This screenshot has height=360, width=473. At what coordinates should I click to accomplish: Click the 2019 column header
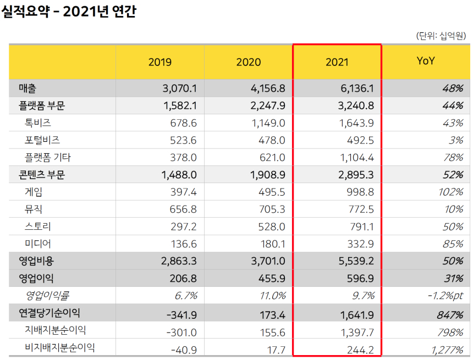(x=159, y=62)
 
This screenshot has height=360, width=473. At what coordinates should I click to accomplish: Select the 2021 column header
(x=337, y=62)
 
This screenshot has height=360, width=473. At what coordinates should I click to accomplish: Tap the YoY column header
(x=426, y=61)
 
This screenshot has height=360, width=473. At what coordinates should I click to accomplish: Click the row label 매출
(x=27, y=88)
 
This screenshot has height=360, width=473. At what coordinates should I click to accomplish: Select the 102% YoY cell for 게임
(x=450, y=192)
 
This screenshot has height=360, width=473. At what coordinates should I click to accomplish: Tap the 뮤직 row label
(x=34, y=209)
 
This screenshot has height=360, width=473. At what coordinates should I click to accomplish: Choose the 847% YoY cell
(x=450, y=314)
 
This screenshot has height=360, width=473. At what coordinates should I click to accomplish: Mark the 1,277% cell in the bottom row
(x=447, y=348)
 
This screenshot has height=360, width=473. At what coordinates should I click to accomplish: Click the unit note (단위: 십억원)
(x=441, y=36)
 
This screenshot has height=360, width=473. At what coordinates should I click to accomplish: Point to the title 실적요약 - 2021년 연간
(x=69, y=12)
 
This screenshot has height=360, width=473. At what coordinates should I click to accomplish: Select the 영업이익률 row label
(x=47, y=296)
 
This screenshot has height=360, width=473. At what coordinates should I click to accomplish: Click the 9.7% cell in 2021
(x=364, y=296)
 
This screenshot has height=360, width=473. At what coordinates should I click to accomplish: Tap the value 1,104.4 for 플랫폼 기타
(x=357, y=158)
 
